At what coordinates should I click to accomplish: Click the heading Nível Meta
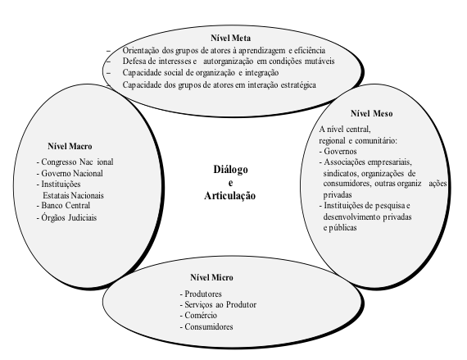[230, 39]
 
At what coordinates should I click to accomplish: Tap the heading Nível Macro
[70, 146]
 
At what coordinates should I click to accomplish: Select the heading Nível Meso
[371, 113]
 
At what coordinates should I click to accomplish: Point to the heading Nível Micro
[211, 277]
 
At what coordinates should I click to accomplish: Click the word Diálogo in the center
[230, 170]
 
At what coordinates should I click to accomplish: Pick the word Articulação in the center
[230, 196]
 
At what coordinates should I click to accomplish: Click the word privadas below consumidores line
[338, 195]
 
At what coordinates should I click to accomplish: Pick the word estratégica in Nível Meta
[298, 85]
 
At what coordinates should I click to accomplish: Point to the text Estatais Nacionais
[73, 196]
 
